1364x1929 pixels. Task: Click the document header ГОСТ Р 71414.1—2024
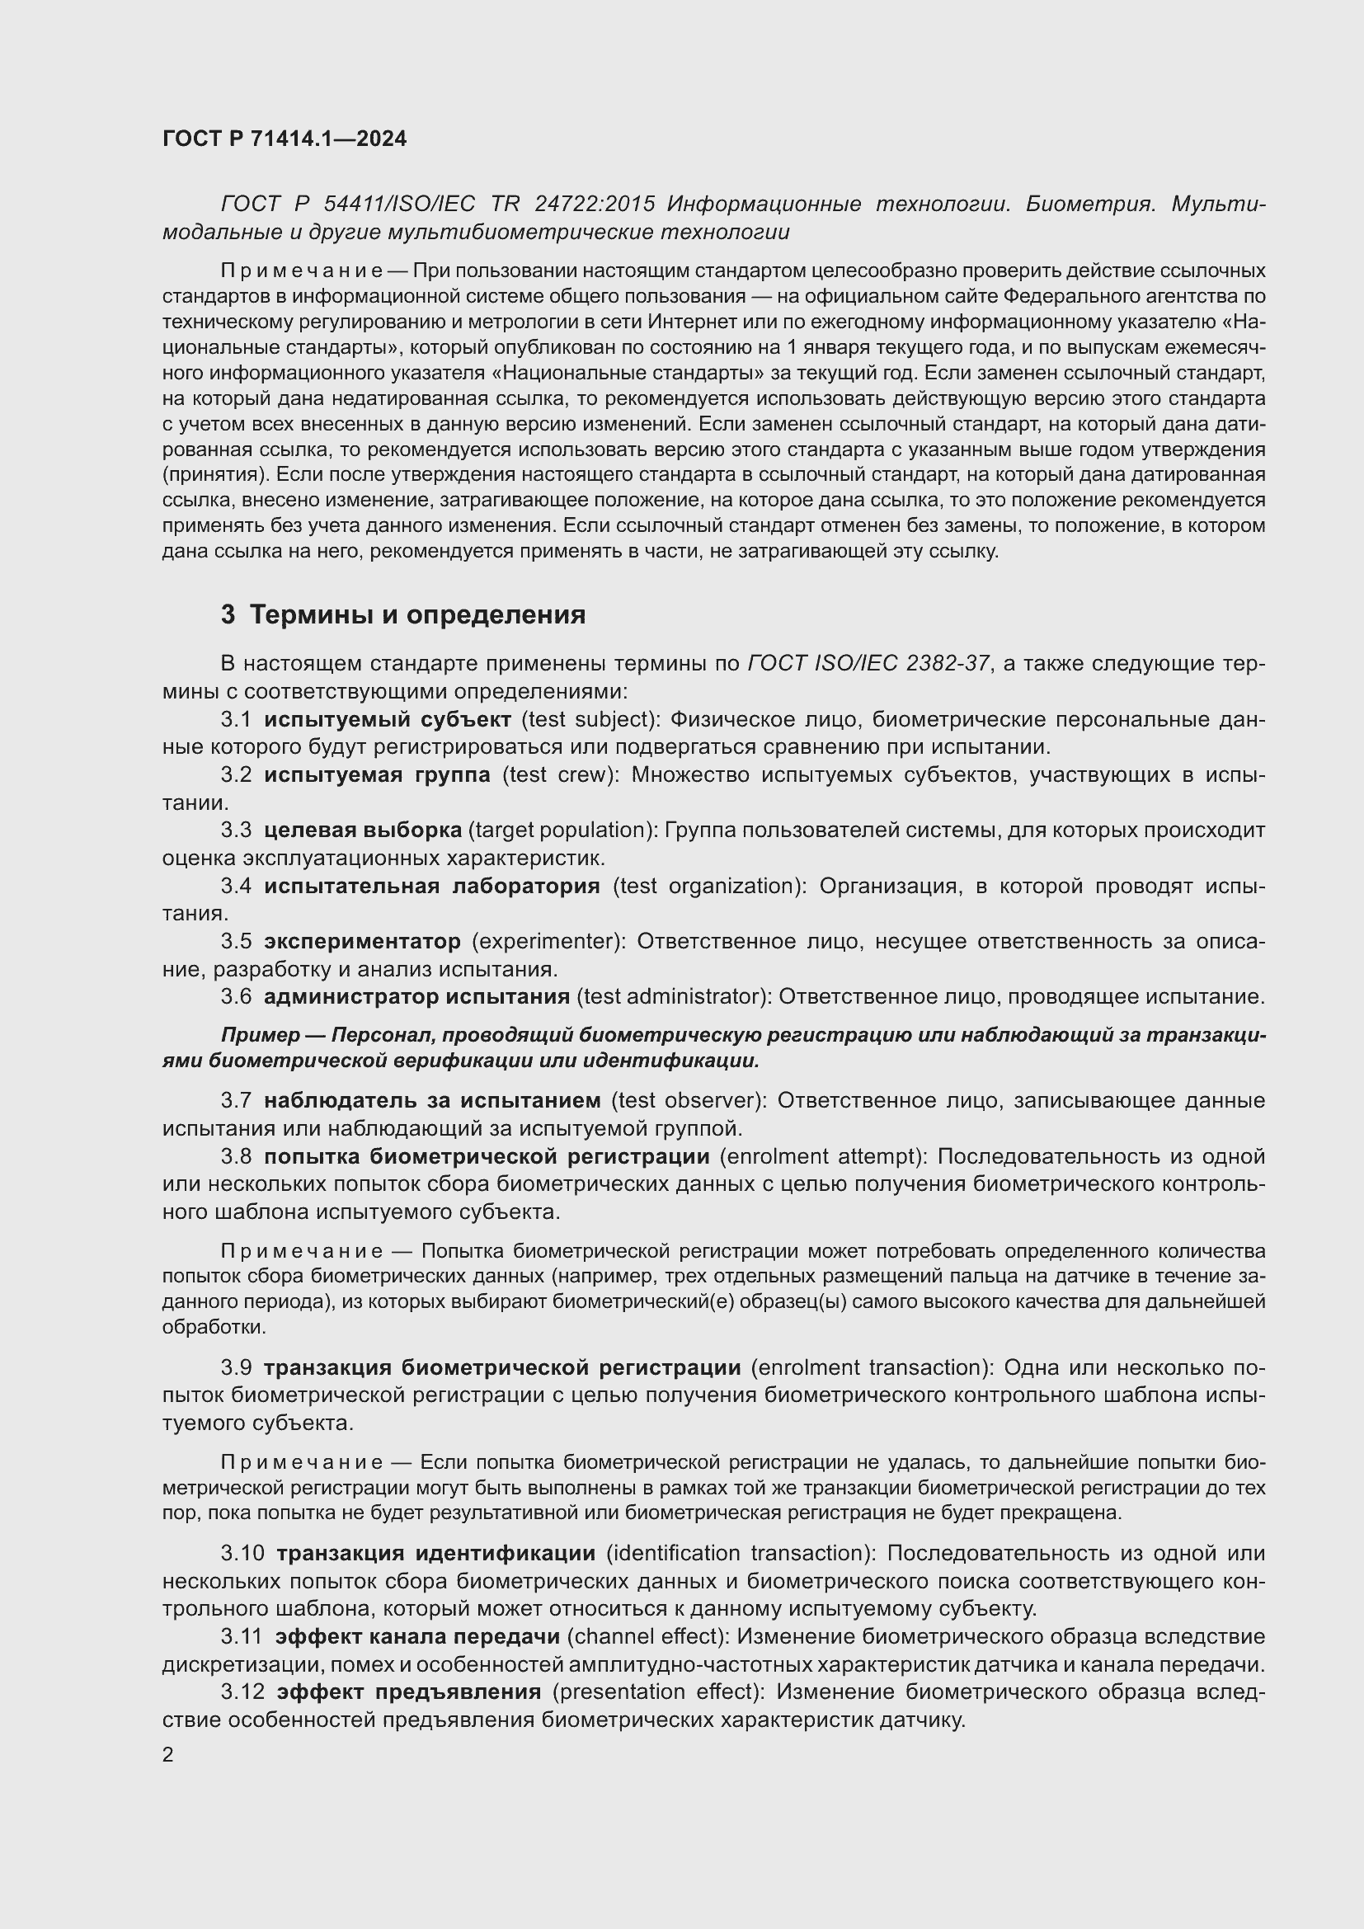tap(284, 139)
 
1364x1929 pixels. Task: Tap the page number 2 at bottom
tap(168, 1754)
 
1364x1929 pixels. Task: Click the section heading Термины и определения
tap(417, 615)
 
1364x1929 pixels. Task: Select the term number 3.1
tap(236, 719)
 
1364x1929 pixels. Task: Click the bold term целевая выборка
tap(362, 830)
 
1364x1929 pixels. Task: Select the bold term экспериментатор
tap(362, 941)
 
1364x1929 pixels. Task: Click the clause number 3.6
tap(236, 996)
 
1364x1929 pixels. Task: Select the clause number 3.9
tap(236, 1367)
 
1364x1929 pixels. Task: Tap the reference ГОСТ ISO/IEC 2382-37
tap(868, 664)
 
